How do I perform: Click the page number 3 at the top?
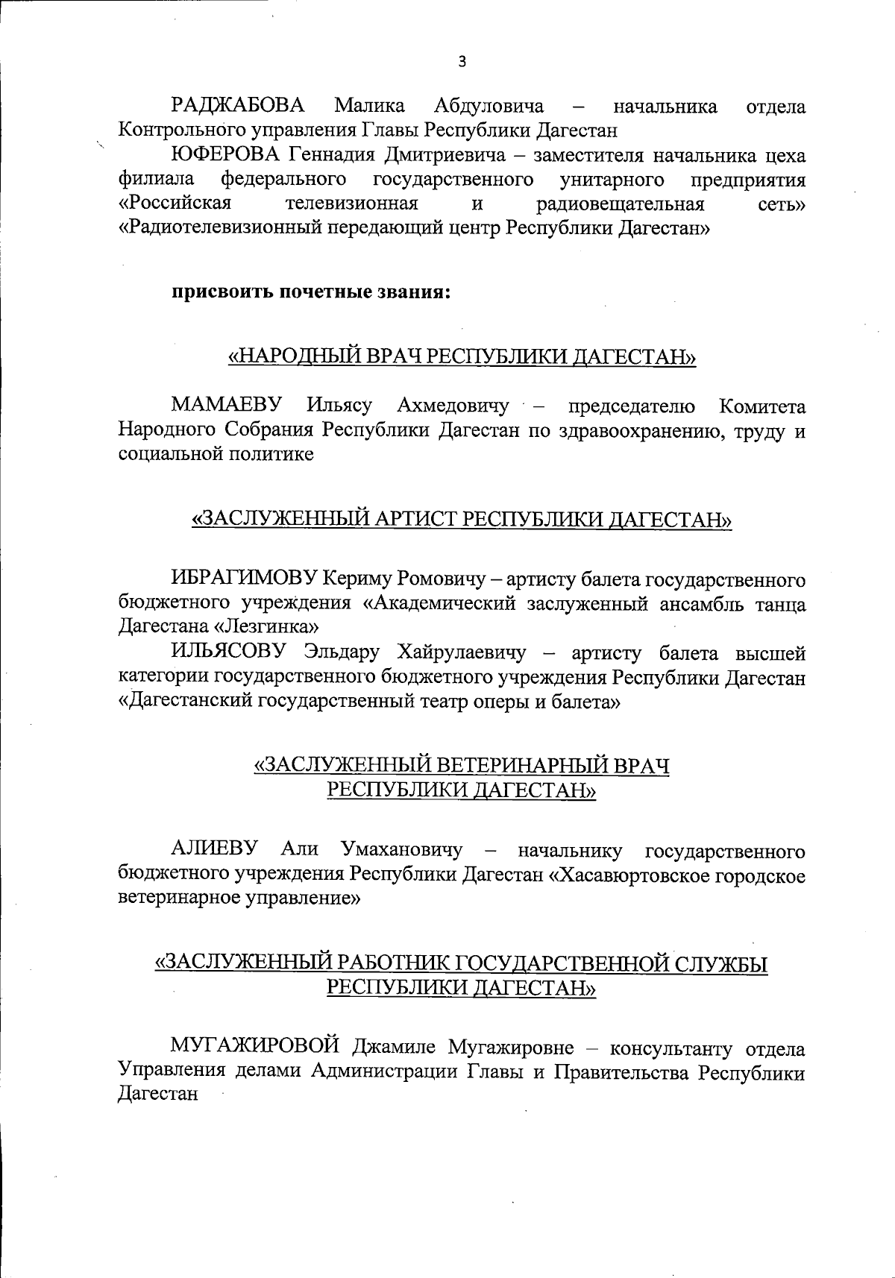click(462, 62)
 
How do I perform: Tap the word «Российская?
click(175, 204)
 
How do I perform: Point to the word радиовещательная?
click(620, 204)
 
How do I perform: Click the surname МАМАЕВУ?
click(227, 406)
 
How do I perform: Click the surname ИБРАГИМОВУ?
click(245, 579)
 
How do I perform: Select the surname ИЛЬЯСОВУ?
click(228, 652)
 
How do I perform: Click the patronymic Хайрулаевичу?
click(462, 652)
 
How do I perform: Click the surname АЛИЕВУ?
click(215, 849)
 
